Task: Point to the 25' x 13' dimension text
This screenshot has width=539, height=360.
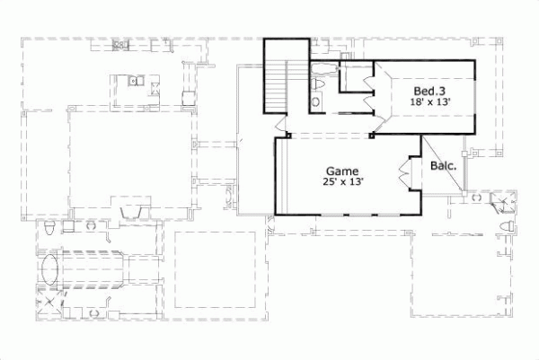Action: [341, 182]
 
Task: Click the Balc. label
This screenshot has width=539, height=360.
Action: [443, 165]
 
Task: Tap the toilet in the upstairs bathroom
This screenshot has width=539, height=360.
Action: [320, 84]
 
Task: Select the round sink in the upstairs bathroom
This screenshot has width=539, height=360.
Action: [314, 102]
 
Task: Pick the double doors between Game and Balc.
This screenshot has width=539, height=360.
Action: [404, 172]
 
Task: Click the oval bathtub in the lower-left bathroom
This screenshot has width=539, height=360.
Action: [51, 268]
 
